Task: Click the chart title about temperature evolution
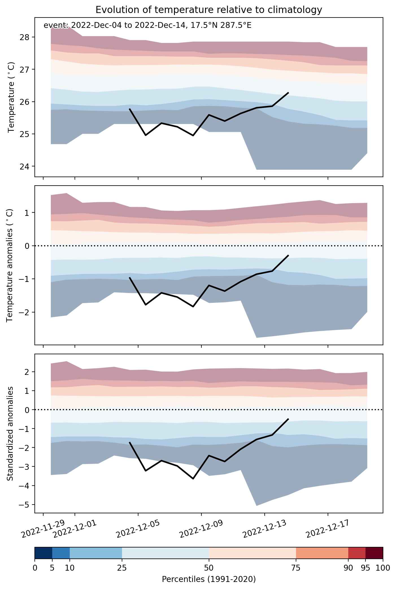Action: (x=209, y=10)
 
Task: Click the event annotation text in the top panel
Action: (x=147, y=26)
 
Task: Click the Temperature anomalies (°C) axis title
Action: (x=10, y=265)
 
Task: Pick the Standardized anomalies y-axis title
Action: (x=10, y=433)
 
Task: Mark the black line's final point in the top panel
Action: (x=288, y=92)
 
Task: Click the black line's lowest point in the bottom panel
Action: (x=193, y=479)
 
